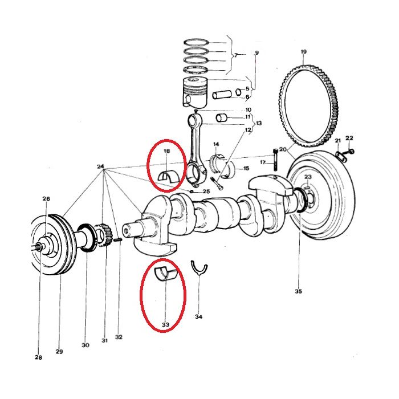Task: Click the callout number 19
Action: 304,52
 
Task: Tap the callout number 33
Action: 165,325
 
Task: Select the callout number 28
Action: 38,357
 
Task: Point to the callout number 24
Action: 100,166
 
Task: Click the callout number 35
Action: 298,291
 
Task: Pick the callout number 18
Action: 166,151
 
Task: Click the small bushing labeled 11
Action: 221,118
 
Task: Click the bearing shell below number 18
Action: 169,176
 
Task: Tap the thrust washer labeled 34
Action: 199,268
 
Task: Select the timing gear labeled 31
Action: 104,235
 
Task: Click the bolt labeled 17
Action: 275,160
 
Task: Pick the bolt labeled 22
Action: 348,152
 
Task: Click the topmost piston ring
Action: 196,42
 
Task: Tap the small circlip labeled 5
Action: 238,92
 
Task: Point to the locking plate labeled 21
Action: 340,156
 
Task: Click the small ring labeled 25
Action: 192,191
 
